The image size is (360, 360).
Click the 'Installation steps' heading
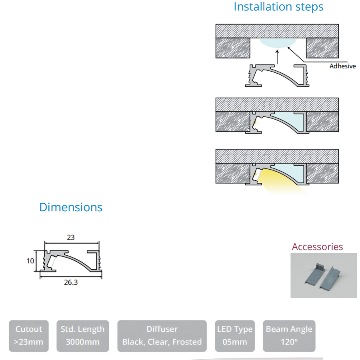(278, 7)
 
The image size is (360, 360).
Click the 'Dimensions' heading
(71, 207)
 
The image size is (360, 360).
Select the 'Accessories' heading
(317, 246)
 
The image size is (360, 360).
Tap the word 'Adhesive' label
(342, 66)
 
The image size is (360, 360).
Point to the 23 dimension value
(70, 237)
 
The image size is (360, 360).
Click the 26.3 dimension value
(70, 282)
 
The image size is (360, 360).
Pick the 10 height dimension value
(30, 261)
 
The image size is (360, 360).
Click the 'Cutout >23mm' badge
(28, 336)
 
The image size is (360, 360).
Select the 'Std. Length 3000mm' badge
(82, 336)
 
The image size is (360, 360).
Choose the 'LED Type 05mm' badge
(235, 336)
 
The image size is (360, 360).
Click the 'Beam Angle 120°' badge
(289, 336)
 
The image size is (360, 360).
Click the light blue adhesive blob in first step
(278, 42)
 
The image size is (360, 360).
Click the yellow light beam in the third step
(280, 182)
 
